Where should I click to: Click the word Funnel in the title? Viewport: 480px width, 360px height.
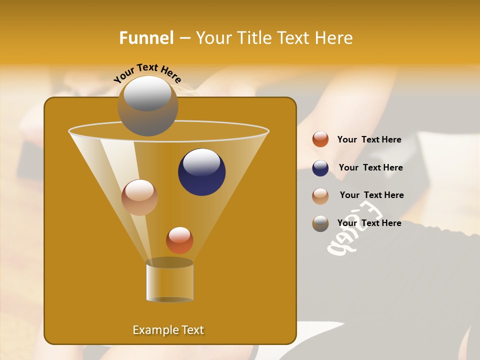pos(146,38)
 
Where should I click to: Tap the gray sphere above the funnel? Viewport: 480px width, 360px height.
pos(147,106)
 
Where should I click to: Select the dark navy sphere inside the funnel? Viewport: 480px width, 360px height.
pos(201,172)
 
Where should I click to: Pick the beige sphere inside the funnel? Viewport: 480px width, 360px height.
pos(139,197)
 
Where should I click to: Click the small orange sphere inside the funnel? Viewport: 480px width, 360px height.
pos(179,240)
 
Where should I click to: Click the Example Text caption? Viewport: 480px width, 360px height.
pos(168,330)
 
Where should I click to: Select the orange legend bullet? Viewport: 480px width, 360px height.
pos(320,139)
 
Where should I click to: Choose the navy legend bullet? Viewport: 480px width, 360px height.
pos(320,167)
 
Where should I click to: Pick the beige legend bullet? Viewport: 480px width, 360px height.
pos(320,195)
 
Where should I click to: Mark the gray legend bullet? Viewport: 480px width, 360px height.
pos(320,223)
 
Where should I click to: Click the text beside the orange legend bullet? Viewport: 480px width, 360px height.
pos(369,140)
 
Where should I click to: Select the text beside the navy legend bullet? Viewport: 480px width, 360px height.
pos(370,168)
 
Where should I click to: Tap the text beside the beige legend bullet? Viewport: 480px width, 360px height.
pos(371,195)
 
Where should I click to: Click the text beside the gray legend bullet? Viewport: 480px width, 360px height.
pos(369,223)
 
